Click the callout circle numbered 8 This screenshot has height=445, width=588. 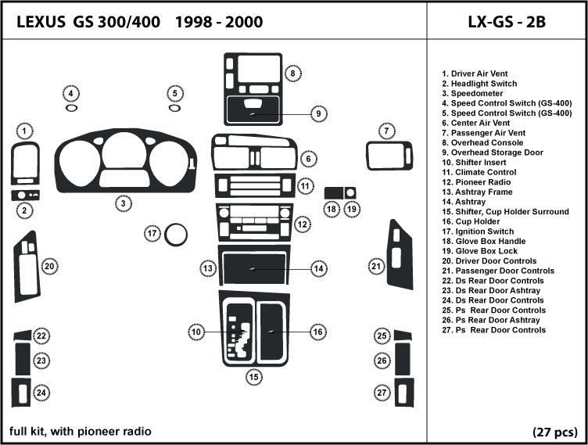[x=292, y=74]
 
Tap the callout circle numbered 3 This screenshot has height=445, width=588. [x=123, y=204]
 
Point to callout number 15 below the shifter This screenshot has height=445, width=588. [x=254, y=377]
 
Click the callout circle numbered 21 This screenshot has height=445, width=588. [x=377, y=267]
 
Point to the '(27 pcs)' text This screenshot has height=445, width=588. [x=555, y=432]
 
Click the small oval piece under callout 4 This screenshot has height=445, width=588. [x=71, y=108]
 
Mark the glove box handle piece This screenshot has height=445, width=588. [x=332, y=192]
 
